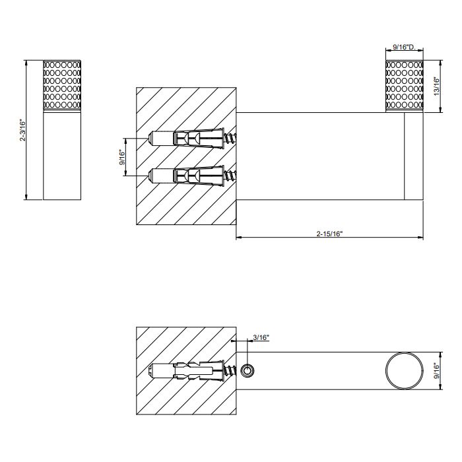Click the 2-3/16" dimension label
tap(22, 130)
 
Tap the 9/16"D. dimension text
tap(404, 47)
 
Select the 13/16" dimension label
tap(437, 86)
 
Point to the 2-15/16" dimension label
tap(330, 234)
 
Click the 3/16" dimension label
tap(261, 337)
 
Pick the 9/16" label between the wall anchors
tap(123, 157)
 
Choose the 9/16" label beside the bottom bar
tap(437, 371)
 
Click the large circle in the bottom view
tap(386, 371)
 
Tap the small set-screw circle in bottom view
tap(247, 371)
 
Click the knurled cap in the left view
tap(62, 85)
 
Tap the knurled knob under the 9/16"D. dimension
tap(405, 86)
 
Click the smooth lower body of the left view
tap(62, 155)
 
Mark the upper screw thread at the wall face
tap(230, 138)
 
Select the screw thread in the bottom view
tap(230, 371)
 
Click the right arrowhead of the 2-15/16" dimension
tap(421, 237)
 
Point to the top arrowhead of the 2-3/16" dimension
tap(26, 63)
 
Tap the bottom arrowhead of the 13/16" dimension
tap(440, 110)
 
